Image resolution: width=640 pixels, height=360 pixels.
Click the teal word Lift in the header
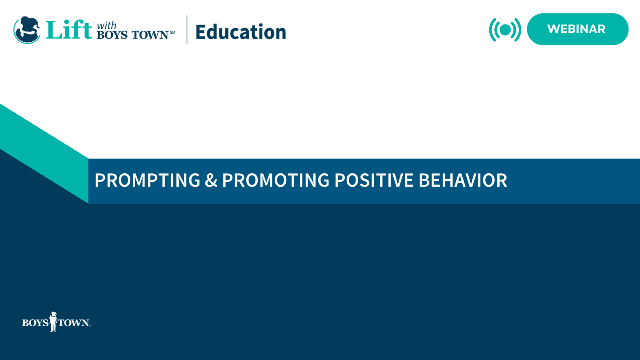(69, 30)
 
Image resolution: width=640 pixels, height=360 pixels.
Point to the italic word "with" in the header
(106, 26)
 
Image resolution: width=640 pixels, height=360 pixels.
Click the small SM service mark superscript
(172, 32)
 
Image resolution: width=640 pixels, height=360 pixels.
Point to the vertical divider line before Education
(187, 30)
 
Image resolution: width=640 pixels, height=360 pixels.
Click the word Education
(240, 32)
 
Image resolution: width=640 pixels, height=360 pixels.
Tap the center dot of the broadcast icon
(505, 30)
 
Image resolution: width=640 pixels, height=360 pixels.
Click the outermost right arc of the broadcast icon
(519, 30)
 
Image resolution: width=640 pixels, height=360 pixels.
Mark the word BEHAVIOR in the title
(463, 180)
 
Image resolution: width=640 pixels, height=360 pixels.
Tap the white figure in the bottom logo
(53, 321)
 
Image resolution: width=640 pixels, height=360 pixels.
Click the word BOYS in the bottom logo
(35, 323)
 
